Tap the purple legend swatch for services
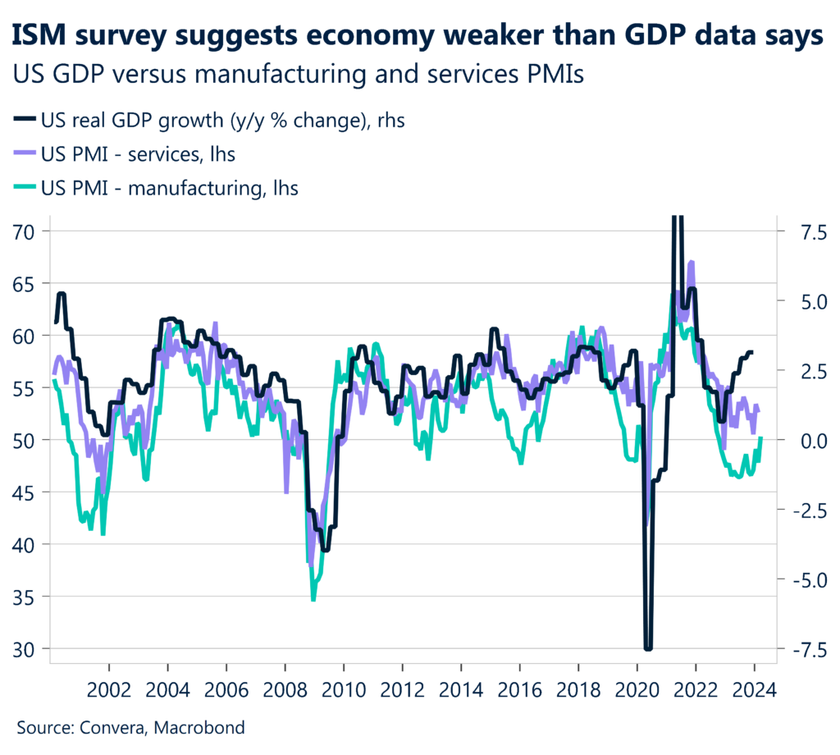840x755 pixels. [24, 154]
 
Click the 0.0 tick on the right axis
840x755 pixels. [797, 441]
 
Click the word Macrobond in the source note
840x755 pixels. [205, 727]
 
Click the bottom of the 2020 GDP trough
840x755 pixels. [648, 648]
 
